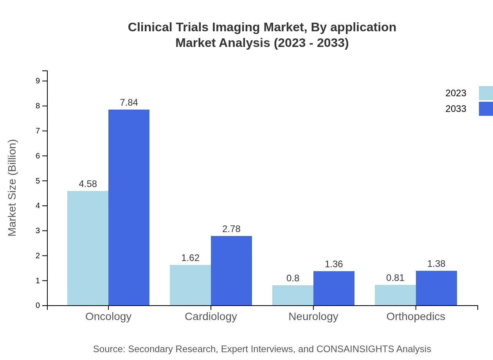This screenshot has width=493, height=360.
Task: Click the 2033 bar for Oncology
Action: pyautogui.click(x=129, y=207)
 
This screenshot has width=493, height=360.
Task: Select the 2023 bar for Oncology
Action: pyautogui.click(x=88, y=248)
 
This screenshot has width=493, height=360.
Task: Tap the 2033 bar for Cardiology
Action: pyautogui.click(x=231, y=270)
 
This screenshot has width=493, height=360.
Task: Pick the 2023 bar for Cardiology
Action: pyautogui.click(x=190, y=285)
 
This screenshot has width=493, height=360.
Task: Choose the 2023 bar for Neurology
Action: pyautogui.click(x=293, y=295)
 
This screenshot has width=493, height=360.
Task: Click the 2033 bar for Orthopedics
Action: pyautogui.click(x=436, y=288)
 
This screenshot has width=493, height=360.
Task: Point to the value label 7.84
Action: pyautogui.click(x=129, y=103)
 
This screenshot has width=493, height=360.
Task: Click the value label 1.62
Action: pyautogui.click(x=190, y=258)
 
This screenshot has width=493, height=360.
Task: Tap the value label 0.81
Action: pyautogui.click(x=395, y=278)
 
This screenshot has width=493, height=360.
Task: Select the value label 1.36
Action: pyautogui.click(x=334, y=264)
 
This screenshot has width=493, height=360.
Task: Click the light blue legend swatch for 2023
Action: pyautogui.click(x=486, y=93)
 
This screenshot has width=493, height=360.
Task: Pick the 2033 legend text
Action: pyautogui.click(x=456, y=109)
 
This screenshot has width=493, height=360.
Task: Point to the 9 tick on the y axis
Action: pyautogui.click(x=38, y=81)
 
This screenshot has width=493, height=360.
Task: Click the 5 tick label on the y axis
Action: pyautogui.click(x=38, y=181)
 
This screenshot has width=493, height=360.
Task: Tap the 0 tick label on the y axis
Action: pyautogui.click(x=38, y=306)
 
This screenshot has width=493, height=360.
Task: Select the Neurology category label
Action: pyautogui.click(x=313, y=316)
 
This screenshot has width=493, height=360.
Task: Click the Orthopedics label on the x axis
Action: pyautogui.click(x=416, y=316)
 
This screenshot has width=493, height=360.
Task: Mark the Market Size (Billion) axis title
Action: pyautogui.click(x=12, y=188)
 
